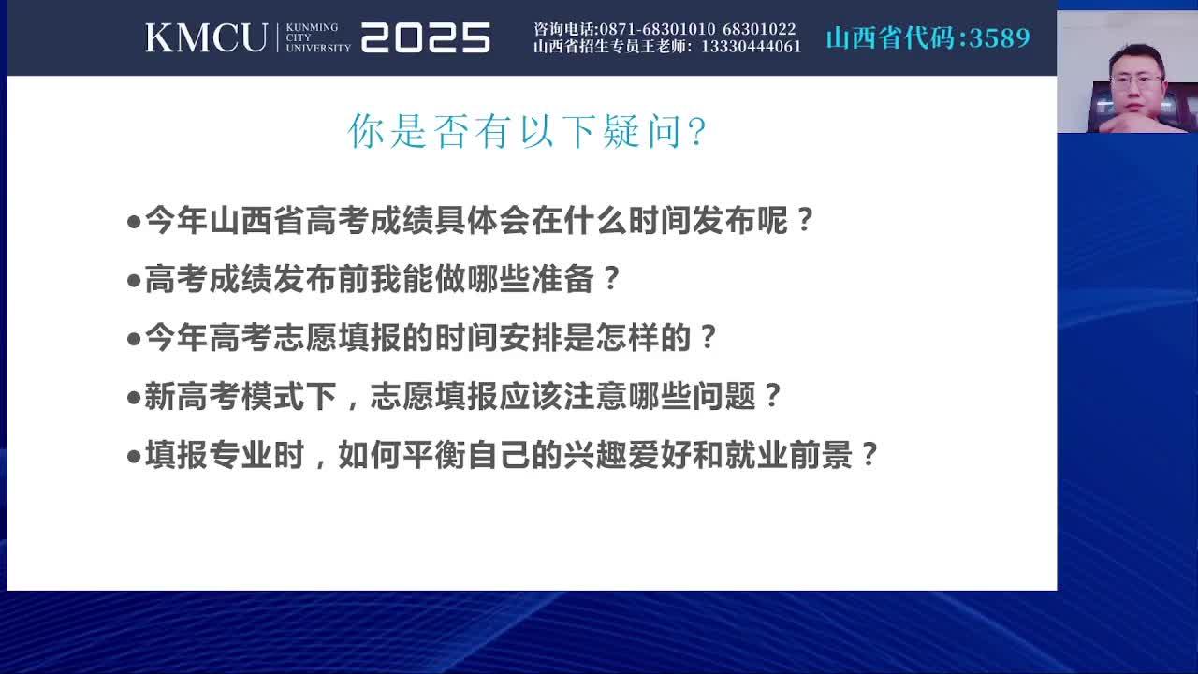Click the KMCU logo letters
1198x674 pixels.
207,37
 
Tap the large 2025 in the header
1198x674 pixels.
426,37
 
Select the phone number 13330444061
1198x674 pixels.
752,47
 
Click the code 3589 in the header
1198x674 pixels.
1000,37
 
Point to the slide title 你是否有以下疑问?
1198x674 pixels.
527,131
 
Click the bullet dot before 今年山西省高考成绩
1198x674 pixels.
134,222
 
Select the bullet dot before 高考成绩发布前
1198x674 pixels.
134,280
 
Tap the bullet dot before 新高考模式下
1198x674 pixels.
134,398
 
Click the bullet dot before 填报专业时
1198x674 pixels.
134,456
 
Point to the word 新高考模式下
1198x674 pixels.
241,396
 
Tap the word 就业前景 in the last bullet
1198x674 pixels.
789,455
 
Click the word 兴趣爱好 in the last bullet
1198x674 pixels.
627,455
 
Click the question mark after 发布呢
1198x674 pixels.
804,220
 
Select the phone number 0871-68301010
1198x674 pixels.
657,29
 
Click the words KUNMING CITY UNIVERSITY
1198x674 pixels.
318,37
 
